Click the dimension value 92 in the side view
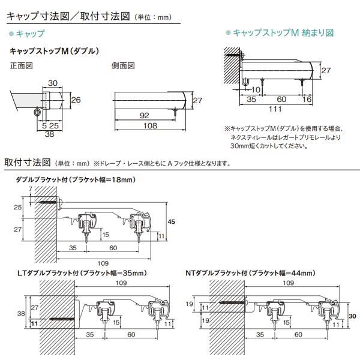point(144,115)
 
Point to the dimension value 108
point(149,126)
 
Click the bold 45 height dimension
point(171,222)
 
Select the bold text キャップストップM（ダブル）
point(55,52)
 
